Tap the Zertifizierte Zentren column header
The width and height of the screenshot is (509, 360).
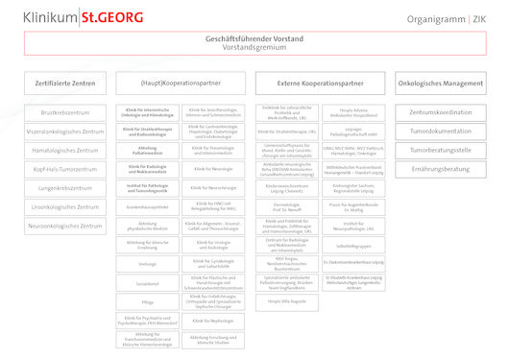(65, 84)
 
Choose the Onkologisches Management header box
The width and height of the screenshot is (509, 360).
(440, 84)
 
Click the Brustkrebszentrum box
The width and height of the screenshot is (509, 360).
(65, 113)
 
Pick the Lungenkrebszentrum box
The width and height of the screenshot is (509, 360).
(65, 188)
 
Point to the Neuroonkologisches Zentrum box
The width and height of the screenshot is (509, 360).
(65, 226)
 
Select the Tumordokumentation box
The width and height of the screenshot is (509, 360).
(440, 132)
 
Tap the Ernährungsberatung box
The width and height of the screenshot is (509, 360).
(440, 169)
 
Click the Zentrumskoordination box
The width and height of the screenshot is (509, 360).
(440, 113)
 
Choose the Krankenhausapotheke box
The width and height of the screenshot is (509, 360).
(148, 206)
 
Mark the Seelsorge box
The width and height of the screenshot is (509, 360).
(148, 263)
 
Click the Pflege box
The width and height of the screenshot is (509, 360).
(148, 300)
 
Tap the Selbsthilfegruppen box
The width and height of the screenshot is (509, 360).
(353, 244)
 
